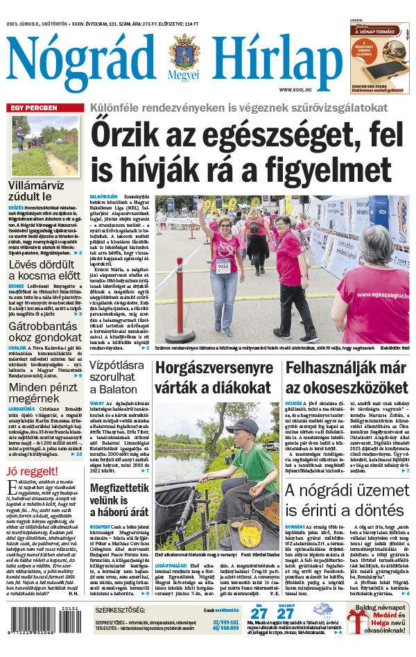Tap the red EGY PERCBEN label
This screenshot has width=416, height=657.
point(33,108)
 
